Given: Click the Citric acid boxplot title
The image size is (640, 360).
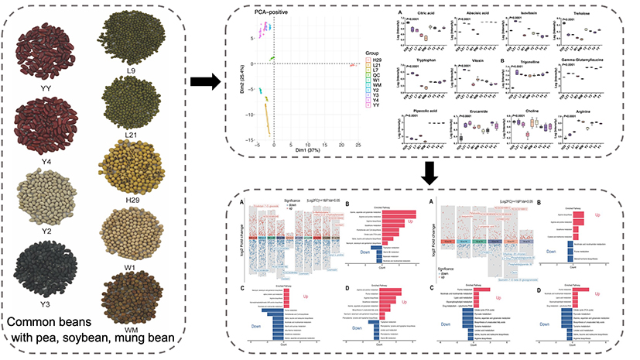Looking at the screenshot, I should (x=422, y=12).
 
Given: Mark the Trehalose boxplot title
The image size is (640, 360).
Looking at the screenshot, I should (x=583, y=12).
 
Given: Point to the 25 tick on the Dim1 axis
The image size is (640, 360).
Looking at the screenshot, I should (x=358, y=145).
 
